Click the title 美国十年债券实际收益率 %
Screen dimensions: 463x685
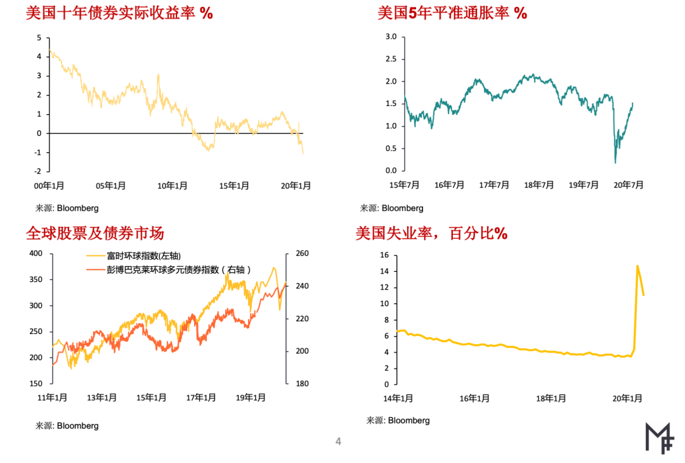119,13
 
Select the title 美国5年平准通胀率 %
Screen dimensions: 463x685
452,13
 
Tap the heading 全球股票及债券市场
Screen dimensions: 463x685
95,233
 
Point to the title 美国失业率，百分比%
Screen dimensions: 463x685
431,234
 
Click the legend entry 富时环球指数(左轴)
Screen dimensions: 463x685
134,256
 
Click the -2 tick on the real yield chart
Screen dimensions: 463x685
38,171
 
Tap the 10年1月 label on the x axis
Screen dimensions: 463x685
173,186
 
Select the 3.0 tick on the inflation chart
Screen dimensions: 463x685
391,37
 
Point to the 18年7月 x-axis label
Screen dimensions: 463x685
538,185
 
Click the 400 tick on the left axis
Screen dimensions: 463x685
36,253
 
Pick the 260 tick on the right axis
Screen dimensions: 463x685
303,253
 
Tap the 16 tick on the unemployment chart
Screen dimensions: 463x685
384,255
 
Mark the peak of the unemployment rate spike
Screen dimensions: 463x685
637,265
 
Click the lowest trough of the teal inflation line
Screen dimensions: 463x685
615,163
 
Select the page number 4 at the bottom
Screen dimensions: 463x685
338,441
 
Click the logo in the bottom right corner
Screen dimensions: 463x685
659,438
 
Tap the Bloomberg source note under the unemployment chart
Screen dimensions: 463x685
398,420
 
